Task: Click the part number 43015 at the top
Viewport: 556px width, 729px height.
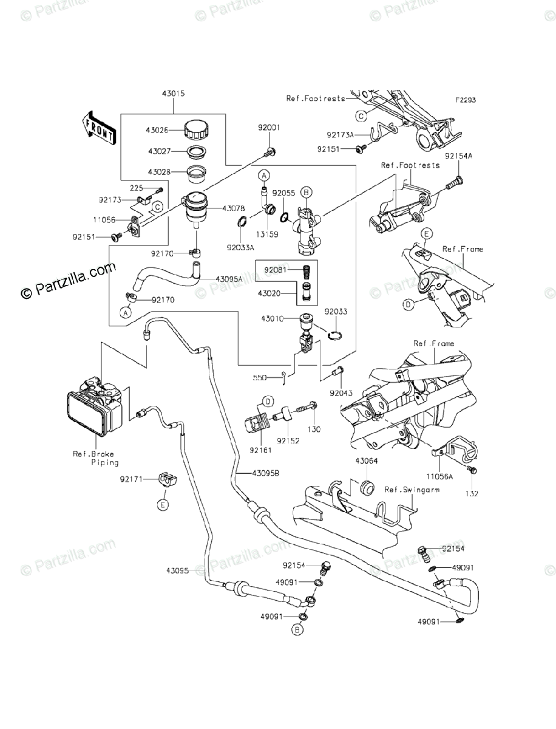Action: pyautogui.click(x=173, y=94)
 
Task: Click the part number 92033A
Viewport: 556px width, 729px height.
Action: pyautogui.click(x=239, y=247)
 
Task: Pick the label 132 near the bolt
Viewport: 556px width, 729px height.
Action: pyautogui.click(x=472, y=493)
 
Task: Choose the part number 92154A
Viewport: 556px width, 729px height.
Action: pyautogui.click(x=458, y=156)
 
